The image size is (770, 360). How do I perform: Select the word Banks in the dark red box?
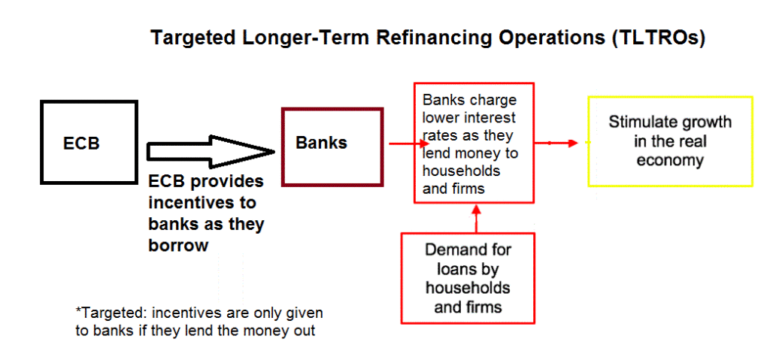click(321, 143)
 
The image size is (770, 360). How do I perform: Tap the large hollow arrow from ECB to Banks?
click(211, 150)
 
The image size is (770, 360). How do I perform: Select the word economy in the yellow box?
click(669, 160)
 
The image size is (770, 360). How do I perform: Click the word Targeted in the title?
click(189, 38)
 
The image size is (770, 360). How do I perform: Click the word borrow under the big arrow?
click(178, 245)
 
